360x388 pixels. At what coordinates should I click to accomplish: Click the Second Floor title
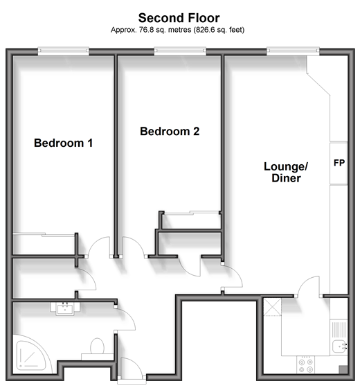[179, 18]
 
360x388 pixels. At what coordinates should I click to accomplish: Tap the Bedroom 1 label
[63, 143]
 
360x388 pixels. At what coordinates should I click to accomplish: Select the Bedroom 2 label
[170, 131]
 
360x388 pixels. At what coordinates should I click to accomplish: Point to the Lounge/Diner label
[286, 173]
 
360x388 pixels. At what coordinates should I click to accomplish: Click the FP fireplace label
[339, 163]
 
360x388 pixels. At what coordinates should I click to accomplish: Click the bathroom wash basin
[65, 309]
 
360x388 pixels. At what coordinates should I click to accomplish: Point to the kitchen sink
[339, 346]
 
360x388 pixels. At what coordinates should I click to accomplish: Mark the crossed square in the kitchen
[273, 307]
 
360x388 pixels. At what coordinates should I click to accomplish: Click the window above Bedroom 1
[63, 51]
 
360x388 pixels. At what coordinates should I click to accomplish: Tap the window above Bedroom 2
[180, 51]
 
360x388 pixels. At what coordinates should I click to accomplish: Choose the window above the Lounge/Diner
[293, 51]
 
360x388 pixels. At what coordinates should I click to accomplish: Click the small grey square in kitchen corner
[343, 369]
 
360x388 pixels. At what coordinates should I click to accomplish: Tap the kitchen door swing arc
[305, 281]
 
